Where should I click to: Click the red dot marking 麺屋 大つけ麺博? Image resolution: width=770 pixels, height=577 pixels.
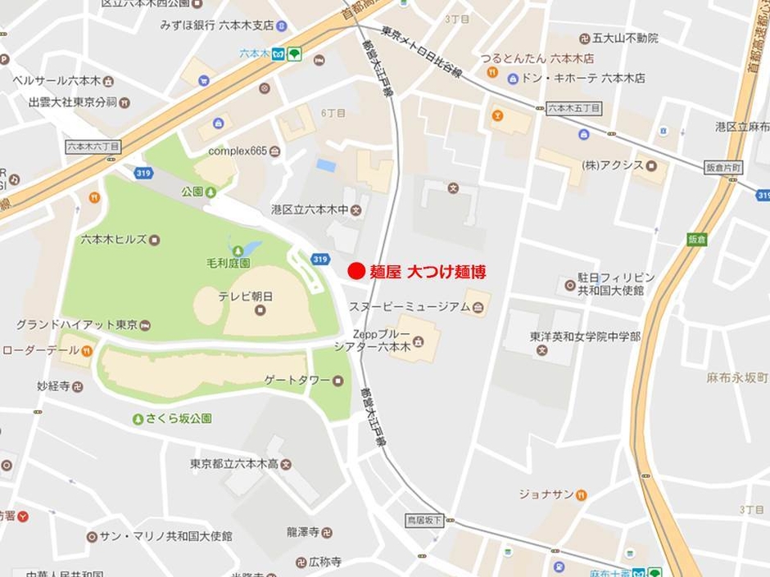(x=356, y=272)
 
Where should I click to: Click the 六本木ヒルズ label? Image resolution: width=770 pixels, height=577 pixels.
(x=114, y=239)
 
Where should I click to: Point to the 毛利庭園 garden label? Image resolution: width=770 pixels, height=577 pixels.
(x=228, y=264)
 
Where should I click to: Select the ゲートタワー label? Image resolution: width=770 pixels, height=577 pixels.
(x=297, y=381)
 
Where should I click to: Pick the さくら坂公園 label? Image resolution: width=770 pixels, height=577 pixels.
(x=179, y=418)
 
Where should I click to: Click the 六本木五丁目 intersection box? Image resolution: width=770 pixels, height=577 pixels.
(x=573, y=108)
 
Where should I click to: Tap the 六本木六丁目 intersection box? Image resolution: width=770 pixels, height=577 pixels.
(x=93, y=146)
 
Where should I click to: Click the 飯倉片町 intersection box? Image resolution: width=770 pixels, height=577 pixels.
(x=723, y=167)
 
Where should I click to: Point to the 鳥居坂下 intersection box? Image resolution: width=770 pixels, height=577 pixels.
(x=424, y=520)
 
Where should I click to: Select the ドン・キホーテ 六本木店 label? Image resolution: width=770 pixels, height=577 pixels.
(x=584, y=79)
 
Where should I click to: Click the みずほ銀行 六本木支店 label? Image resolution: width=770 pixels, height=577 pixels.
(x=217, y=25)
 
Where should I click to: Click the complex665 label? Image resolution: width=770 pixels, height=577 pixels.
(x=238, y=151)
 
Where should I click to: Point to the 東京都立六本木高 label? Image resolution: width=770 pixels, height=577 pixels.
(x=233, y=463)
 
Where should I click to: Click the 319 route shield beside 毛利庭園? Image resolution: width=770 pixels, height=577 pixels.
(x=320, y=259)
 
